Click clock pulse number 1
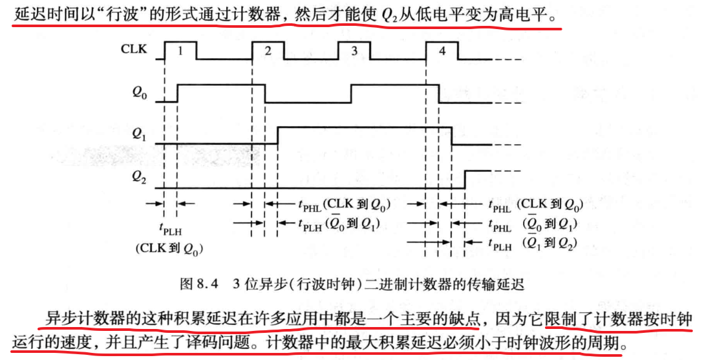point(181,50)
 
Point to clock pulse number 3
point(354,50)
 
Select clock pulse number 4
point(442,50)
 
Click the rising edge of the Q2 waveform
point(465,179)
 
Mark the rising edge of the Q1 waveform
point(277,136)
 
